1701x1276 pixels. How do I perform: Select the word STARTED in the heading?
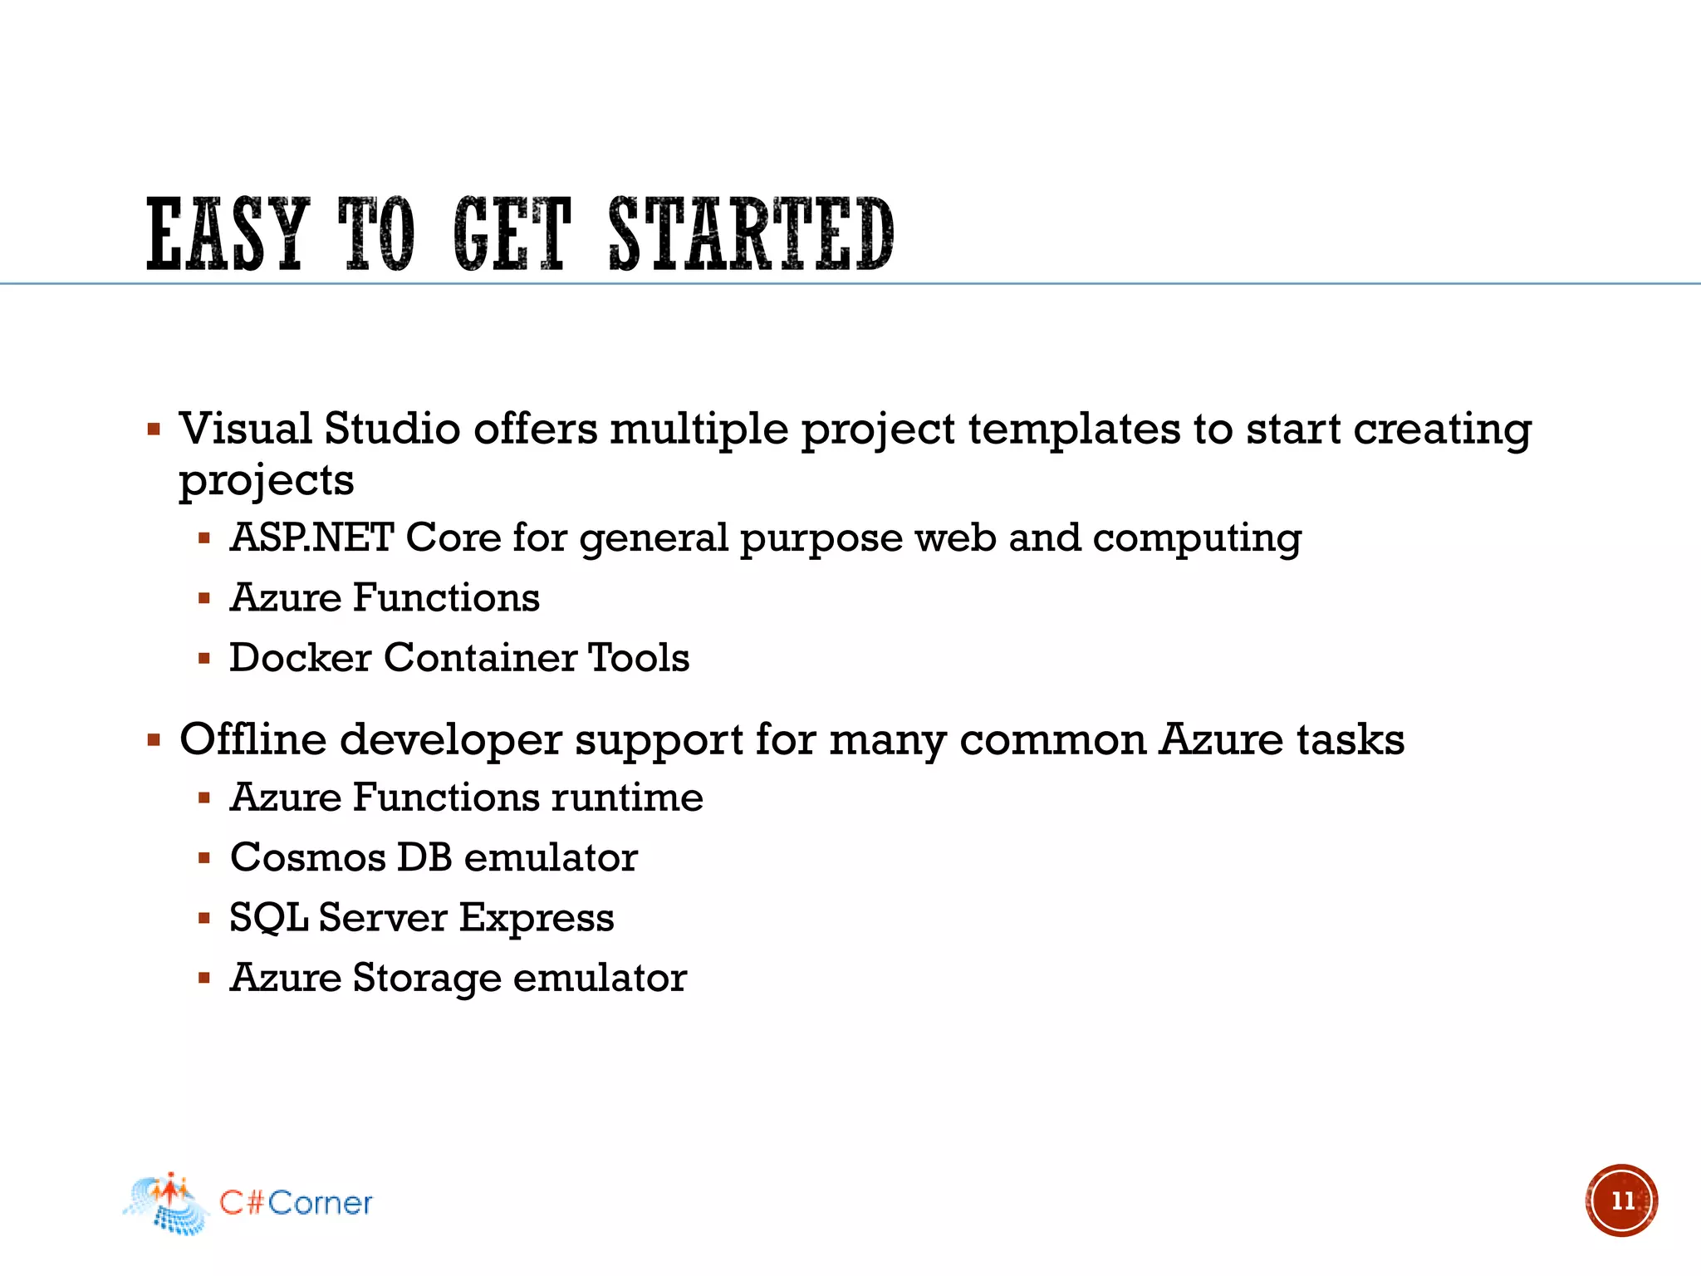(x=752, y=235)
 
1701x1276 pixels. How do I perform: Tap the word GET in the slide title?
(x=512, y=235)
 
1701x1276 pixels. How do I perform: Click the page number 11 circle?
(x=1621, y=1200)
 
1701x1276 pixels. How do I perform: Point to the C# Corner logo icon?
(x=166, y=1204)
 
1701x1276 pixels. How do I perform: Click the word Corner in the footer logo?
(x=320, y=1203)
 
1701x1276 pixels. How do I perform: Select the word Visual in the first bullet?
(x=246, y=429)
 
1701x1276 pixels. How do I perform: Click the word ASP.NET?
(x=311, y=537)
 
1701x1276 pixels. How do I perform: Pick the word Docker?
(x=300, y=657)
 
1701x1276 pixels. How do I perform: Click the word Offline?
(x=253, y=739)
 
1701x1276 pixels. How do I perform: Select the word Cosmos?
(x=307, y=857)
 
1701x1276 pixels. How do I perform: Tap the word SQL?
(x=267, y=918)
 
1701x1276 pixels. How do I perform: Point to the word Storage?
(x=427, y=978)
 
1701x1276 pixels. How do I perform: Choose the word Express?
(x=537, y=918)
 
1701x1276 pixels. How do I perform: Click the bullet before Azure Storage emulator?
(x=204, y=978)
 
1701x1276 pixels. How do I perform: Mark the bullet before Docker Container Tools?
(x=204, y=659)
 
